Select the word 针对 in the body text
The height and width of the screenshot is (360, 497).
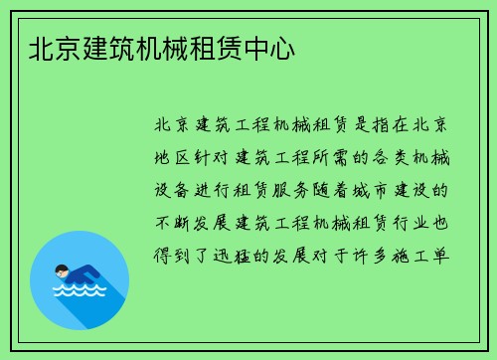[219, 157]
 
